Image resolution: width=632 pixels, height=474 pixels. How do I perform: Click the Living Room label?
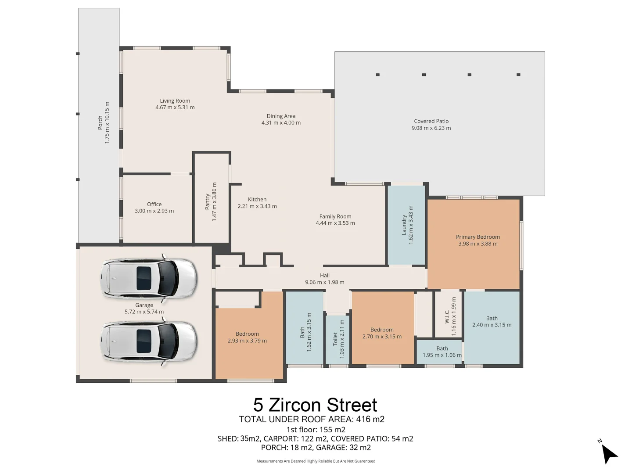click(x=175, y=101)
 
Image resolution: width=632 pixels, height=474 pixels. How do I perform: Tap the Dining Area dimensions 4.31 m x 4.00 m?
click(x=281, y=123)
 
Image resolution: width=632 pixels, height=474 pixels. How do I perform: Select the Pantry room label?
click(x=208, y=201)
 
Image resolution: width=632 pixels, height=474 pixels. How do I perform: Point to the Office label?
click(x=154, y=204)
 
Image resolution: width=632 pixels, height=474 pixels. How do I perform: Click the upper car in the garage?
click(x=148, y=278)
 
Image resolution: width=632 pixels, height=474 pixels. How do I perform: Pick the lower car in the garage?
click(x=148, y=341)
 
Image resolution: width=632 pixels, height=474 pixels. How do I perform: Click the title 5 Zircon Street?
click(x=315, y=405)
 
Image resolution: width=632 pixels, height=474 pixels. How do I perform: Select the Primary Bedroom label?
click(x=478, y=237)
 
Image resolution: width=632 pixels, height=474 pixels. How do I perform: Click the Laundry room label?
click(x=404, y=225)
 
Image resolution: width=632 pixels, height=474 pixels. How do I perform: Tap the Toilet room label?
click(x=335, y=339)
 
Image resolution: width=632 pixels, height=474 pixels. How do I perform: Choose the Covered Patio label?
click(x=431, y=121)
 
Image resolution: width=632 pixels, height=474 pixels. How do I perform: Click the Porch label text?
click(x=100, y=123)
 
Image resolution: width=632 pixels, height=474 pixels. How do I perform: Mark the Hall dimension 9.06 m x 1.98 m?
click(x=324, y=282)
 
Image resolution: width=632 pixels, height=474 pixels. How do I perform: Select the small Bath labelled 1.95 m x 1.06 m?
click(x=442, y=352)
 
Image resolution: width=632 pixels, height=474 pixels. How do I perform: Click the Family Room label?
click(x=335, y=216)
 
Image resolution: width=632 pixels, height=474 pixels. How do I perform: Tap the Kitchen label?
click(x=257, y=199)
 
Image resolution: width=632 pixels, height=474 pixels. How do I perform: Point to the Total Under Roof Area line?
click(x=312, y=419)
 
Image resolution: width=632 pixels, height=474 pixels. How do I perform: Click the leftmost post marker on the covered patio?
click(x=377, y=75)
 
